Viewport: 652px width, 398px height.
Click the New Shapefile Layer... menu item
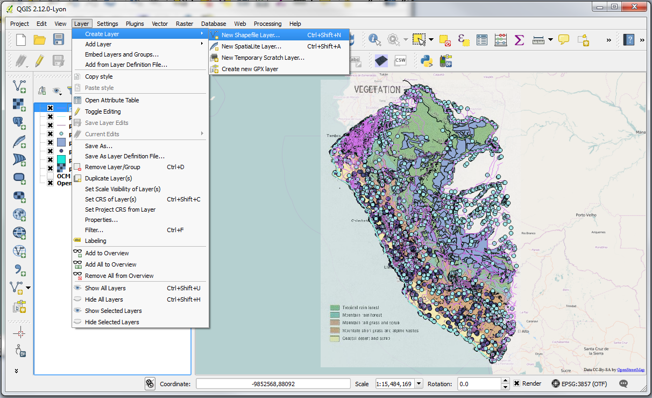point(251,35)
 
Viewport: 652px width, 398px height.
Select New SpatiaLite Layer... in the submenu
point(251,46)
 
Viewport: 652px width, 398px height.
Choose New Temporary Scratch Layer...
point(263,58)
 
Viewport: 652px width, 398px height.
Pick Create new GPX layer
point(250,69)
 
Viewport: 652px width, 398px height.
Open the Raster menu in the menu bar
point(185,24)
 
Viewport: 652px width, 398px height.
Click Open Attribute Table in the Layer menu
point(112,100)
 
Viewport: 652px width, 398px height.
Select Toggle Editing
point(103,111)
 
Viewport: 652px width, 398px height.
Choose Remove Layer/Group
point(112,167)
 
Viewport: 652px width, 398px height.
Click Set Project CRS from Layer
point(120,210)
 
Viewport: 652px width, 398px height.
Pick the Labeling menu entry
point(95,241)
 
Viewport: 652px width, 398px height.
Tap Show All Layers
point(105,288)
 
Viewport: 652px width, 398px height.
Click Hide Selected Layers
point(112,322)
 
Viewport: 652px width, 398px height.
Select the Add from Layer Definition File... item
point(126,65)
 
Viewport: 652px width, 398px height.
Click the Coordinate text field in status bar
point(273,384)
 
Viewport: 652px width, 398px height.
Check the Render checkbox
point(517,384)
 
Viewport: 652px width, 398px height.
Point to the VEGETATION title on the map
point(377,89)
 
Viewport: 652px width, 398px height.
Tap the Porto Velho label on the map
point(587,215)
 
